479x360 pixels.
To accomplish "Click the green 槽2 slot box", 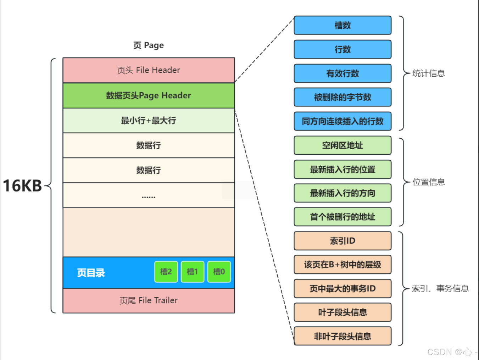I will click(166, 272).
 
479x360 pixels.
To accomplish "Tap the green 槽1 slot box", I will click(193, 272).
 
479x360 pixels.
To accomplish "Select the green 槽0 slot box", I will click(219, 272).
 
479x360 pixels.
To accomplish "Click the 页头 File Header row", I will click(149, 70).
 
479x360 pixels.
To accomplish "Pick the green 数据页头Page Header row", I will click(149, 95).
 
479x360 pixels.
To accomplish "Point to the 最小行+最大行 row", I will click(149, 121).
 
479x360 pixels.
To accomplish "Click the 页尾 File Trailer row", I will click(149, 300).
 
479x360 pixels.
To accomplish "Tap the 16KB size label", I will click(22, 186).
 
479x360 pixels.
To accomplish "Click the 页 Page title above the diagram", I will click(149, 45).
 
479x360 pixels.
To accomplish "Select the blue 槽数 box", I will click(342, 25).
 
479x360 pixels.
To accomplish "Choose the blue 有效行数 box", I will click(342, 73).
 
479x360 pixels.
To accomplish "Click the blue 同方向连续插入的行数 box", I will click(342, 121).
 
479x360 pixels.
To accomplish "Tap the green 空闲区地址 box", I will click(342, 145).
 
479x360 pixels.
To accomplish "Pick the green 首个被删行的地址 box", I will click(342, 217).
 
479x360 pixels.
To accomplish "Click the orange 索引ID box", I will click(342, 241).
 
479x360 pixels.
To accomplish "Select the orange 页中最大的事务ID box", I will click(342, 289).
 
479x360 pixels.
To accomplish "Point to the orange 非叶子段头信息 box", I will click(342, 336).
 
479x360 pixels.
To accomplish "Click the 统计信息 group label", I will click(429, 73).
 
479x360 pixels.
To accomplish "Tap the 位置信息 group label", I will click(429, 182).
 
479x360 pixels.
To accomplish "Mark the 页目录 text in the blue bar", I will click(91, 273).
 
